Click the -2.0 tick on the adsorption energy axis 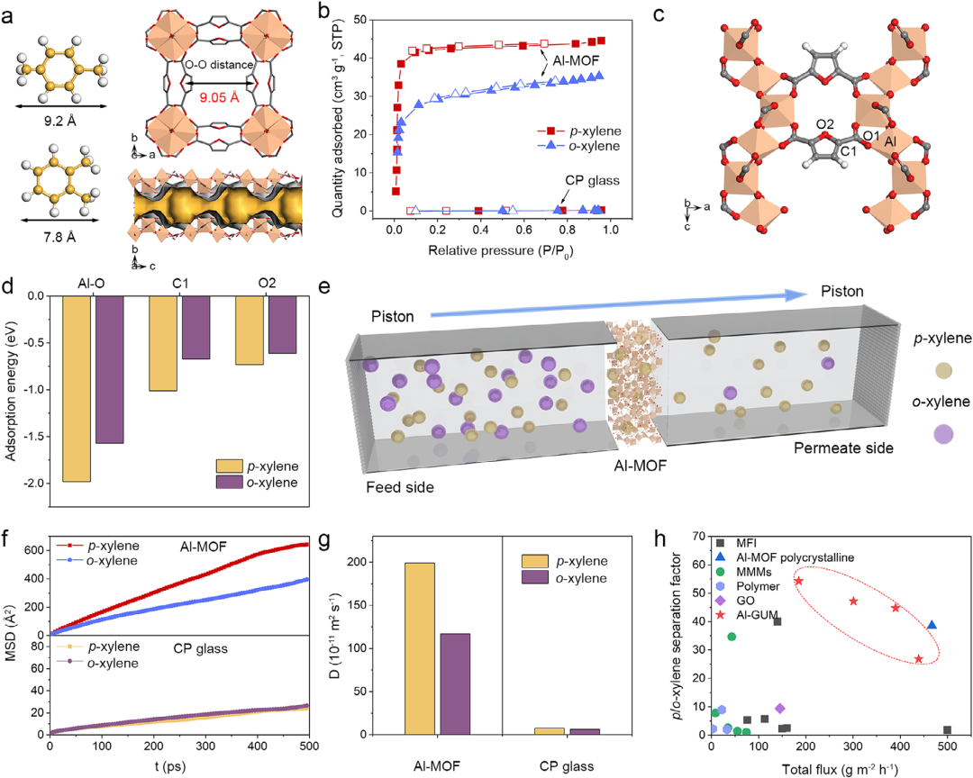[33, 484]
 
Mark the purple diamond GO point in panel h [780, 709]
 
